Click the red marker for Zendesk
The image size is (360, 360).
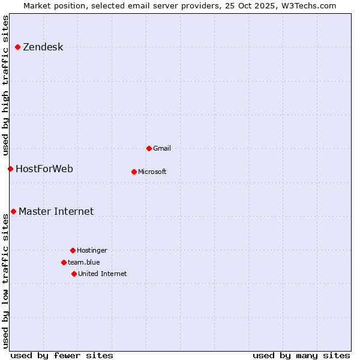(x=17, y=47)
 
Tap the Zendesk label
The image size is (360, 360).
(x=43, y=47)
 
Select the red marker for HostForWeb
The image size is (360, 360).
(x=10, y=169)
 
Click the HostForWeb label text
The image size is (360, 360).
(x=44, y=169)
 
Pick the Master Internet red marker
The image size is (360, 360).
(x=13, y=211)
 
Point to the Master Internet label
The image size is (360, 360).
(x=56, y=211)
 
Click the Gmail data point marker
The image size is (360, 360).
(x=149, y=148)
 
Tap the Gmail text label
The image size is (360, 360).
(x=162, y=148)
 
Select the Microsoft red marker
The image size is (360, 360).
(x=134, y=172)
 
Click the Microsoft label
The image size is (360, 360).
(x=152, y=172)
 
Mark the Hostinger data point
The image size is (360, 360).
(x=73, y=250)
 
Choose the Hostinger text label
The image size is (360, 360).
(x=92, y=250)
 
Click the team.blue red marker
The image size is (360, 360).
(x=64, y=262)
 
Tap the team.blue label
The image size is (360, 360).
(x=83, y=262)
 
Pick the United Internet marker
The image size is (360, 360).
(x=74, y=274)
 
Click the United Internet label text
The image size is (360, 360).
(x=102, y=274)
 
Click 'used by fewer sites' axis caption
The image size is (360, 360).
(x=62, y=355)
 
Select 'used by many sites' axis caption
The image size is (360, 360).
(x=301, y=355)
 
